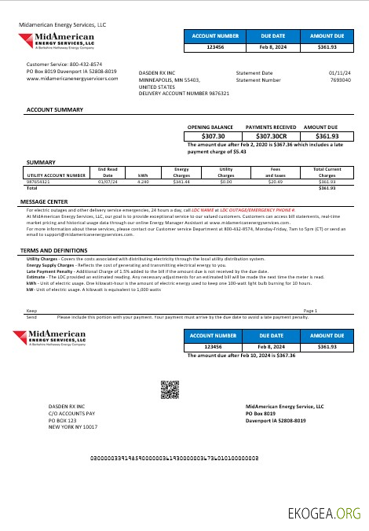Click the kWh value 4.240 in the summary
click(x=143, y=182)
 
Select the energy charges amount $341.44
click(x=182, y=182)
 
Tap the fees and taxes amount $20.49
click(x=275, y=182)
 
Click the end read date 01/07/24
click(x=108, y=182)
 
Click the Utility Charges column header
click(x=226, y=171)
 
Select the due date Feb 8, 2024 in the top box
click(x=273, y=47)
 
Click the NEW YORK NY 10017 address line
click(x=73, y=427)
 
